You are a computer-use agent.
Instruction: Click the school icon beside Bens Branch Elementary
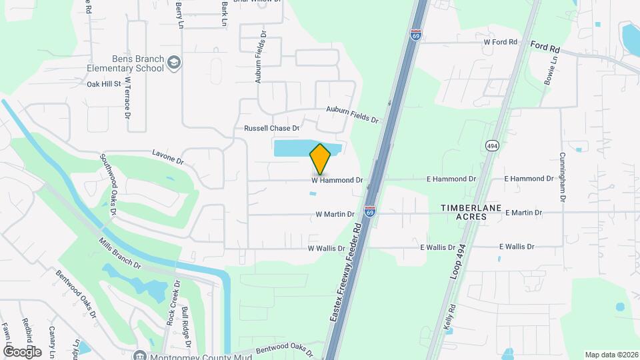pos(175,63)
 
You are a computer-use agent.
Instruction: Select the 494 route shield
pos(492,146)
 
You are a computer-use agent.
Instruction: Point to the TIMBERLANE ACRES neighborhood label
pos(470,213)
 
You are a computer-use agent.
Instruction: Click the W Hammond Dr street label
pos(337,180)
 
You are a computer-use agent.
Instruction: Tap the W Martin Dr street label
pos(335,215)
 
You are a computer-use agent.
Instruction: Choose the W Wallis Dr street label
pos(326,248)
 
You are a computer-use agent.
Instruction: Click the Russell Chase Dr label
pos(272,127)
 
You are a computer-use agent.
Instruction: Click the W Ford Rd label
pos(500,42)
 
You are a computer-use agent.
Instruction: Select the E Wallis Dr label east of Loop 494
pos(517,247)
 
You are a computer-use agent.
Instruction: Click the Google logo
pos(22,351)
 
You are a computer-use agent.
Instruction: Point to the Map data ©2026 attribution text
pos(611,355)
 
